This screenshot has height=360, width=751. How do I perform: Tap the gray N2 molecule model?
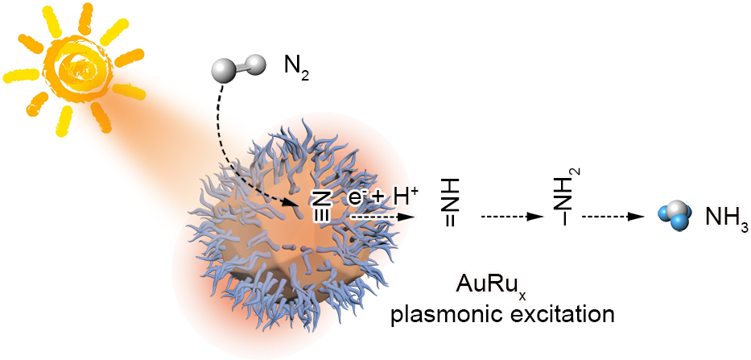(237, 66)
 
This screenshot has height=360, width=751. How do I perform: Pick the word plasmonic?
(449, 317)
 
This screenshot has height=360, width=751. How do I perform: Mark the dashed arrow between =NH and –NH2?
(512, 217)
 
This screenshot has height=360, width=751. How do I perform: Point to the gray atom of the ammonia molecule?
(675, 211)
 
